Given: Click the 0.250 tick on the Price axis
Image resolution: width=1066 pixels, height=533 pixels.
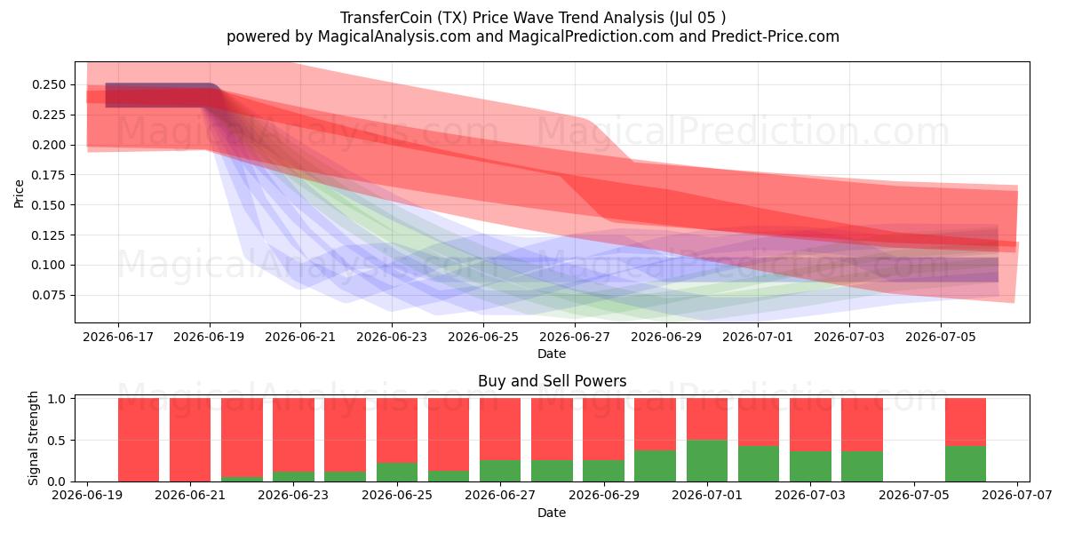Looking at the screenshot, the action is (x=49, y=85).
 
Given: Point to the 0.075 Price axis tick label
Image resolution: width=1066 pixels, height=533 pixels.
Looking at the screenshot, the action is (x=49, y=296).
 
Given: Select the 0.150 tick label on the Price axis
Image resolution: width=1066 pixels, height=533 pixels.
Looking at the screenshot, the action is (x=49, y=205).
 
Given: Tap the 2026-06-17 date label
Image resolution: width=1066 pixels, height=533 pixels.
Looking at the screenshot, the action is (x=118, y=338).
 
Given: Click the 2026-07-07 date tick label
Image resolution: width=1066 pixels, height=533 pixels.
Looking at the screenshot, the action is (x=1017, y=496).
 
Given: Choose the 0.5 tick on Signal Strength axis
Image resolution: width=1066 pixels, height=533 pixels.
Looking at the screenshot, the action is (x=57, y=441).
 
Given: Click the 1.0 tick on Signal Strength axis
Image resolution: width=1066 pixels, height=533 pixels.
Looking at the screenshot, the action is (x=57, y=399).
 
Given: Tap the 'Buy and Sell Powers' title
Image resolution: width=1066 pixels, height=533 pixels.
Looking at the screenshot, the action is (x=552, y=381).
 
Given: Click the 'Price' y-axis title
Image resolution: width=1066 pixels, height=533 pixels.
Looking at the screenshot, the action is (x=19, y=194).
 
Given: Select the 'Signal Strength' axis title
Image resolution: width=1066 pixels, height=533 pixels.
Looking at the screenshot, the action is (x=33, y=438).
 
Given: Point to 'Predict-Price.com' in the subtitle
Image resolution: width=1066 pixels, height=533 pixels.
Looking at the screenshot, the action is (x=776, y=36).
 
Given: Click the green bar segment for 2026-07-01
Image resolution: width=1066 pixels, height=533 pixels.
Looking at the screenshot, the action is (x=707, y=461).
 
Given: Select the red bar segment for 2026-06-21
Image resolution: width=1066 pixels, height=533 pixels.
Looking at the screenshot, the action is (x=190, y=440).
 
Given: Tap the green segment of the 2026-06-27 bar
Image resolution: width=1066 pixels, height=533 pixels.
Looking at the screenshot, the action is (x=500, y=471).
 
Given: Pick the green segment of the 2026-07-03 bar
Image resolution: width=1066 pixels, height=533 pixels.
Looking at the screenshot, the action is (x=810, y=466).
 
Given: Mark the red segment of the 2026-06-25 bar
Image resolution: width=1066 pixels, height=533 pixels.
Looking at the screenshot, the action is (x=397, y=431).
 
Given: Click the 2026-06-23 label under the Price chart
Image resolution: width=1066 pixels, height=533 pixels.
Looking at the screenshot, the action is (x=392, y=338).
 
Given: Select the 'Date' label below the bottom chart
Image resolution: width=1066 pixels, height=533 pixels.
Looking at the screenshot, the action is (x=552, y=513).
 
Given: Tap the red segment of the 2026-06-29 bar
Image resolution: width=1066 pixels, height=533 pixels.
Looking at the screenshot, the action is (x=603, y=429).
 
